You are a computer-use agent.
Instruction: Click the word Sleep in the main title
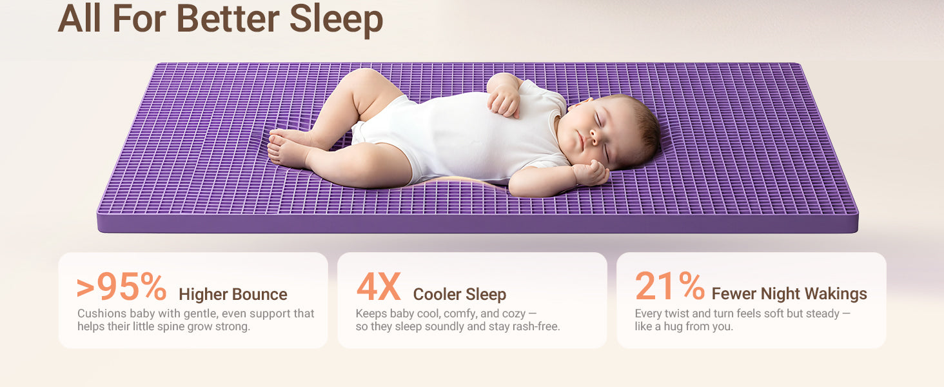[337, 19]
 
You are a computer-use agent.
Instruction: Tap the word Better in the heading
[228, 19]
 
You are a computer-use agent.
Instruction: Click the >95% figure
[121, 286]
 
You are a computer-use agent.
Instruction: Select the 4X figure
[378, 286]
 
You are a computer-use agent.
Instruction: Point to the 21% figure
[670, 286]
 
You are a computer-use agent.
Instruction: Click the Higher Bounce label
[233, 294]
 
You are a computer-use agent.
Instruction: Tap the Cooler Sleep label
[460, 294]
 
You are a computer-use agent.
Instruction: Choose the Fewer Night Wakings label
[789, 293]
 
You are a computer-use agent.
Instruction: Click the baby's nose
[595, 135]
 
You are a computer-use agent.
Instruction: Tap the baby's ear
[580, 104]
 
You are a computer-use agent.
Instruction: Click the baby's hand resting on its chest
[504, 101]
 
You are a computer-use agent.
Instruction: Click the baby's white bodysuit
[459, 135]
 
